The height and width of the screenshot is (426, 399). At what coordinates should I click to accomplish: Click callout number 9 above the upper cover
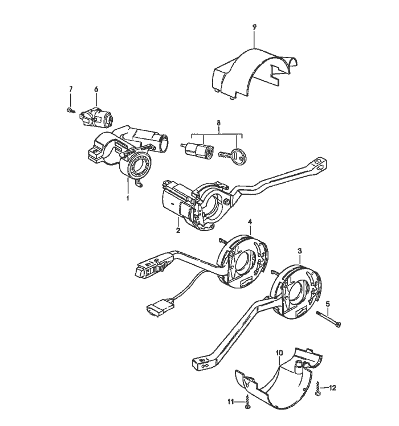pos(254,27)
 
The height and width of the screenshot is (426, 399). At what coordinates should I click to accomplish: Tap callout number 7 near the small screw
pos(71,89)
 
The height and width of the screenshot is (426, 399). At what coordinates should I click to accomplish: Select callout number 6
pos(96,89)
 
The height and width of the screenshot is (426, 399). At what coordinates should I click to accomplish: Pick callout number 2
pos(178,230)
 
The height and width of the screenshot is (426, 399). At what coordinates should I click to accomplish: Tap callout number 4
pos(249,221)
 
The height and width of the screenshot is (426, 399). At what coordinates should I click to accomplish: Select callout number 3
pos(300,251)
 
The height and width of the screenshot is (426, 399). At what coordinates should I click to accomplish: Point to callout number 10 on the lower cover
pos(279,354)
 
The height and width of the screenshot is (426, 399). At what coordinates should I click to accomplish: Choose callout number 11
pos(231,402)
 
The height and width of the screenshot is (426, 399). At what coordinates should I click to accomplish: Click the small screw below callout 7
pos(70,109)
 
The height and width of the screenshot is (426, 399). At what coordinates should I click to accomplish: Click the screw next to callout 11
pos(247,403)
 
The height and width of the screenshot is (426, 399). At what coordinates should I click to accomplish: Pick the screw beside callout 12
pos(317,390)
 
